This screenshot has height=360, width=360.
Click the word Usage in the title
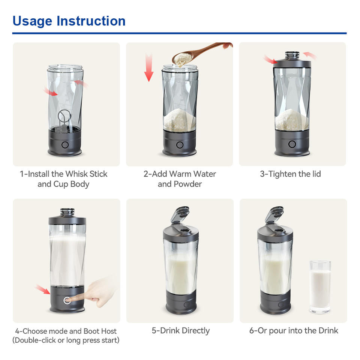click(32, 21)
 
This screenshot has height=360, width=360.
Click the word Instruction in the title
click(91, 21)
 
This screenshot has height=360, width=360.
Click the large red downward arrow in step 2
click(149, 67)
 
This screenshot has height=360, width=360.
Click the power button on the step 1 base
click(65, 145)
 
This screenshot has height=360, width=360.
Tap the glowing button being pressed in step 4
click(67, 300)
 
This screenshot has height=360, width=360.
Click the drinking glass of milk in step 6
click(320, 287)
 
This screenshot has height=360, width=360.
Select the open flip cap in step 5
click(180, 214)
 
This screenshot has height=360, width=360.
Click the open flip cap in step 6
click(274, 214)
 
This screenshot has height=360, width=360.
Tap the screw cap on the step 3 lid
click(292, 55)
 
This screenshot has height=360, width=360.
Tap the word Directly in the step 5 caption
click(196, 331)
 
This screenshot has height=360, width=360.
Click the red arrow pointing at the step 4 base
click(43, 289)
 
